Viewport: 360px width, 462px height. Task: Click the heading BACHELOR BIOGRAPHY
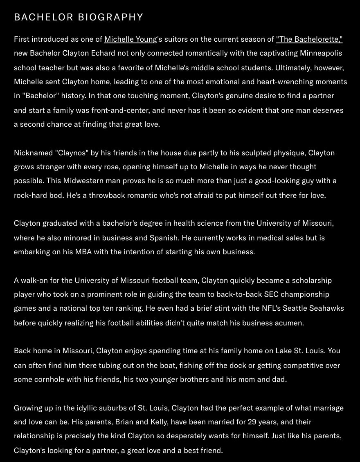tap(79, 17)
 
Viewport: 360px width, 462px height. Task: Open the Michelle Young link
tap(130, 39)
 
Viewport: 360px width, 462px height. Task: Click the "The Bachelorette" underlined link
tap(309, 39)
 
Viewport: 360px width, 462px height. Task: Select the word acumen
tap(291, 323)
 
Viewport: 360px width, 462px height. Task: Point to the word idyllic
tap(95, 408)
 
